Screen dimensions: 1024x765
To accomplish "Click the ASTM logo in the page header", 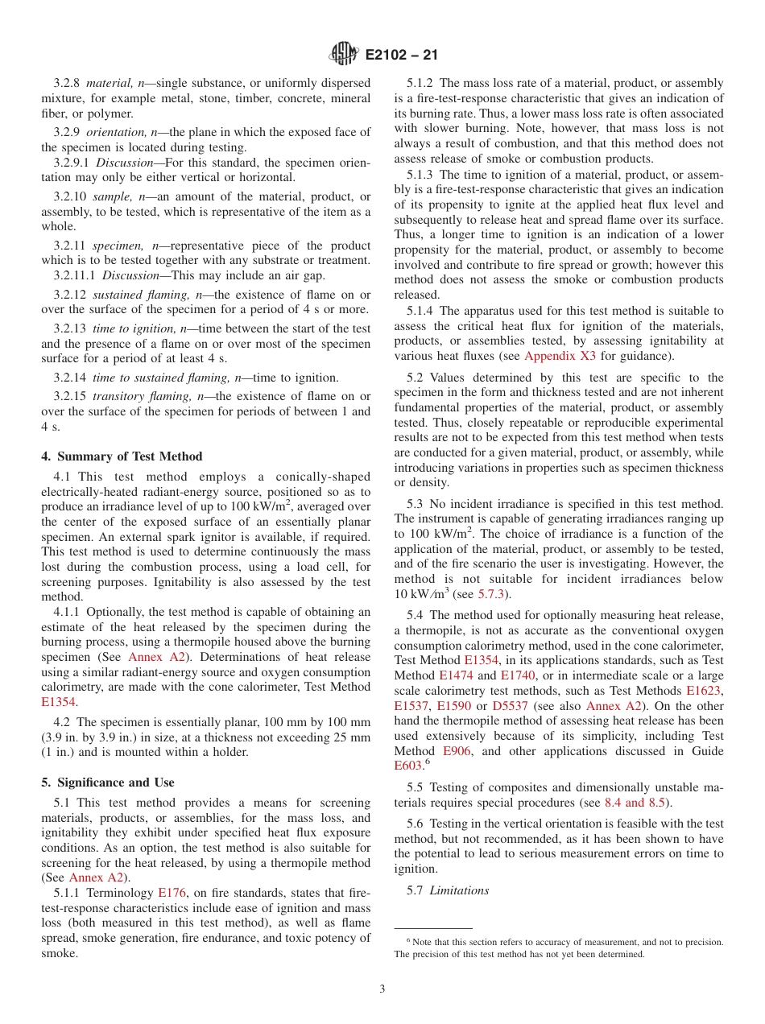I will click(345, 55).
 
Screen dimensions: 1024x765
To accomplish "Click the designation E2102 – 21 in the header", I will click(401, 56).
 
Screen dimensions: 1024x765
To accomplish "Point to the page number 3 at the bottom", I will click(382, 989).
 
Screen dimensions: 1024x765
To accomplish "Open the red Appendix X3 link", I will click(560, 356).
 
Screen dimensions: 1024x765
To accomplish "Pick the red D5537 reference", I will click(510, 706).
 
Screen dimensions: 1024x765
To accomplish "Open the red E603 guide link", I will click(407, 766).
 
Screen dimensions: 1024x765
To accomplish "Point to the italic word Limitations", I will click(459, 890).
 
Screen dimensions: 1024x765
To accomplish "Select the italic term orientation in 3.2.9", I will click(115, 132).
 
